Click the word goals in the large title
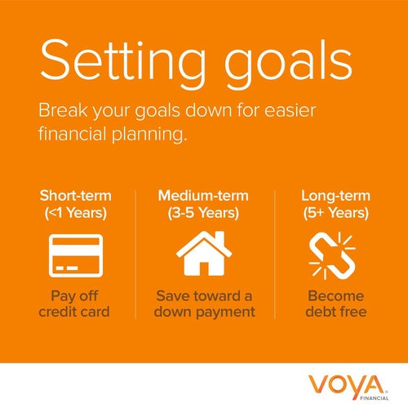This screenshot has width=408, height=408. tap(288, 64)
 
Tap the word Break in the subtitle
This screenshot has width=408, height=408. tap(63, 110)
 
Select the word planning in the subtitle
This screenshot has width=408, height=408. tap(149, 134)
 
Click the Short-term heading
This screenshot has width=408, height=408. tap(76, 196)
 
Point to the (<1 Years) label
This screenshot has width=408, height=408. tap(76, 213)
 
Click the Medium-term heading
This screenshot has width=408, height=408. tap(203, 196)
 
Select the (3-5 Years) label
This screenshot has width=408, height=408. tap(203, 213)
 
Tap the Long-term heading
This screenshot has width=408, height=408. tap(335, 196)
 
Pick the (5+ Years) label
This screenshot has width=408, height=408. tap(336, 213)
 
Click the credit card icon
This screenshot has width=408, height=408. tap(76, 255)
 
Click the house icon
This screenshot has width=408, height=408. tap(204, 254)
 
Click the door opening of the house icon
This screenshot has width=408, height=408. tap(204, 268)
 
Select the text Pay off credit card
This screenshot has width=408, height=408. tap(74, 304)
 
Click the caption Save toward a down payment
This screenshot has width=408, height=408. tap(204, 304)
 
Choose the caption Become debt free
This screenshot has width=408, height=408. tap(336, 304)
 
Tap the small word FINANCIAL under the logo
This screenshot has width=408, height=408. tap(375, 398)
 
